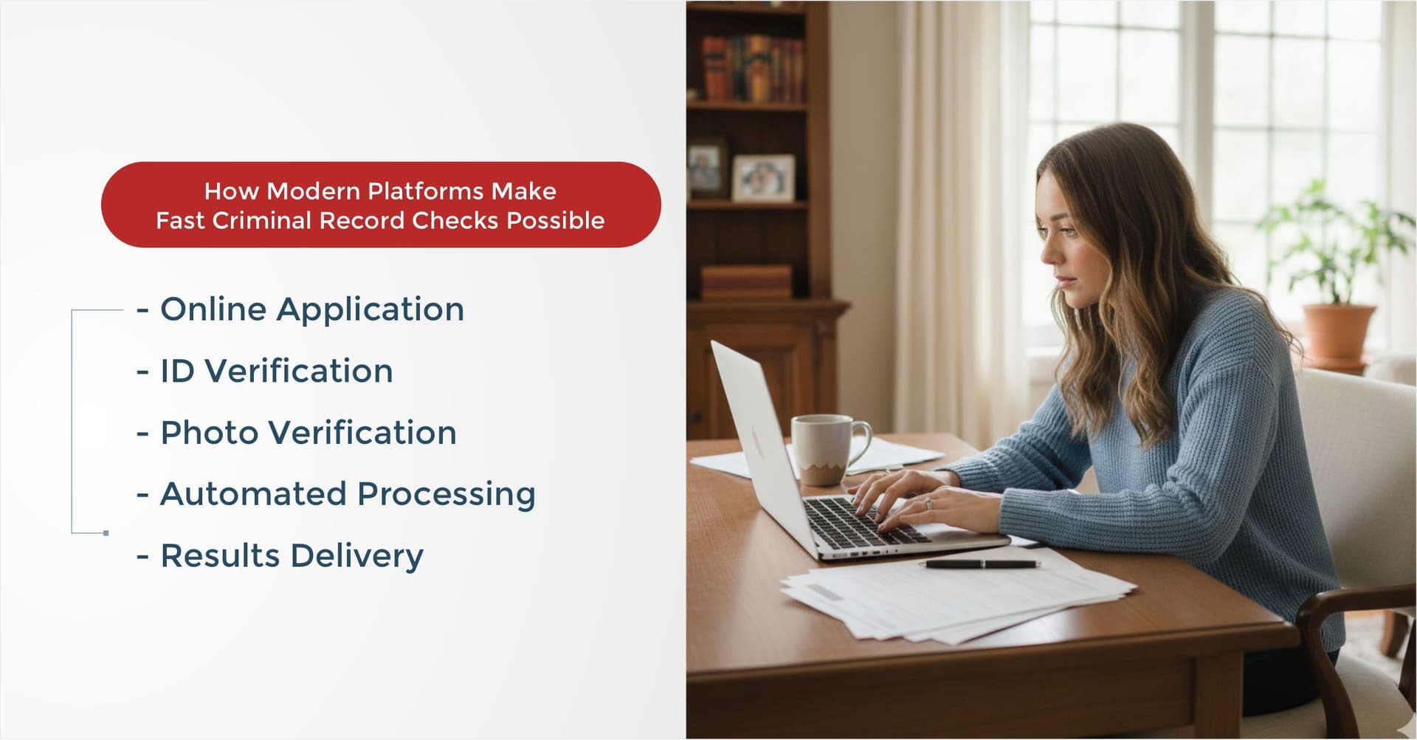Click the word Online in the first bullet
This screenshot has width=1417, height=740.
tap(213, 309)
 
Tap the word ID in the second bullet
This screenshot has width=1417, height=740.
tap(177, 371)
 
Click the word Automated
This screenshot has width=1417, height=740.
tap(253, 494)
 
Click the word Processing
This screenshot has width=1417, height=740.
tap(447, 494)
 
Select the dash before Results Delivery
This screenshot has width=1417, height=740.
tap(143, 556)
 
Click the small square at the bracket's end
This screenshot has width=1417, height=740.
tap(106, 532)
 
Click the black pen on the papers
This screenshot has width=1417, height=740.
tap(980, 564)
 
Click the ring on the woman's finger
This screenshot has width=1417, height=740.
tap(928, 504)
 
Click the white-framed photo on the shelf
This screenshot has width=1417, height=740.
tap(763, 178)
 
